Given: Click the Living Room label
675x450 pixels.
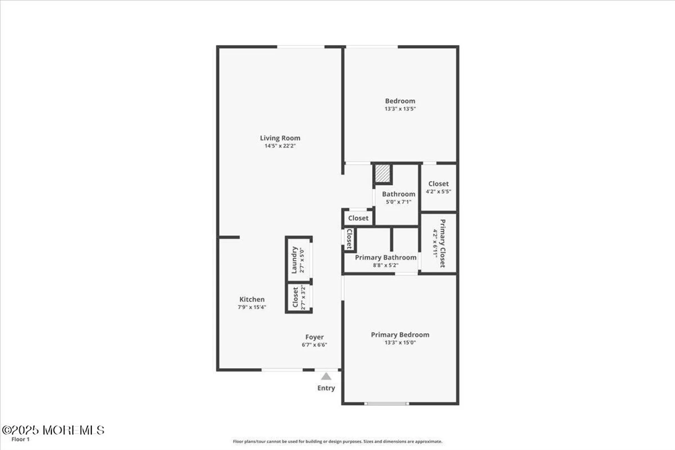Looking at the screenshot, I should [x=280, y=138].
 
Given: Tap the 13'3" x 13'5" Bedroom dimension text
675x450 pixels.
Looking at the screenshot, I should [x=400, y=109].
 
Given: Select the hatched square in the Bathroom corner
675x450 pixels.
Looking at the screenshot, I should [x=382, y=174].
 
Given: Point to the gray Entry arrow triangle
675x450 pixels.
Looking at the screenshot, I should [x=326, y=376].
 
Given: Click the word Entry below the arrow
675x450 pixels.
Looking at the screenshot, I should [x=326, y=388].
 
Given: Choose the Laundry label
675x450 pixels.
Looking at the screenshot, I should [x=294, y=260].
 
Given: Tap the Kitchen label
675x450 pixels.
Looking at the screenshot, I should [x=252, y=299].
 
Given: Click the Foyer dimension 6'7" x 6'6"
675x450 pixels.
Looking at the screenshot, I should [x=314, y=345].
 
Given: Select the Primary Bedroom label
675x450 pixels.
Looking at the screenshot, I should [x=400, y=335].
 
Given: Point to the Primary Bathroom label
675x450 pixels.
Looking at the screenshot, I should [x=385, y=257].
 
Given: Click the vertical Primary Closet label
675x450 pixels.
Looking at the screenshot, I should [x=442, y=243].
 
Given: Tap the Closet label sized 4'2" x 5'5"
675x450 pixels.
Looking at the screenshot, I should [x=438, y=184].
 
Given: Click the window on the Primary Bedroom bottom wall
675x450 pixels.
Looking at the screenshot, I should [x=386, y=403].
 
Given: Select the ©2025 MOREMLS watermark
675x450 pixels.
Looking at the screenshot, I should [x=53, y=430].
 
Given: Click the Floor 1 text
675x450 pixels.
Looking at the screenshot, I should [x=21, y=439].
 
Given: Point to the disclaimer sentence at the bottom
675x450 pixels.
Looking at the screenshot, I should [x=337, y=441].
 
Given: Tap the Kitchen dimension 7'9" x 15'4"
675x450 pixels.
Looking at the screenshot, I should [x=252, y=307].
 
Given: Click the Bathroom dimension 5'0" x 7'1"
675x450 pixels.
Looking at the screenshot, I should [x=399, y=202].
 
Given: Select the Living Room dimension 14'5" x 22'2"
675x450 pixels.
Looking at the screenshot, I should [x=280, y=146].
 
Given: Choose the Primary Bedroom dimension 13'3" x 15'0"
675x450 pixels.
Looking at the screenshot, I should [x=400, y=342].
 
